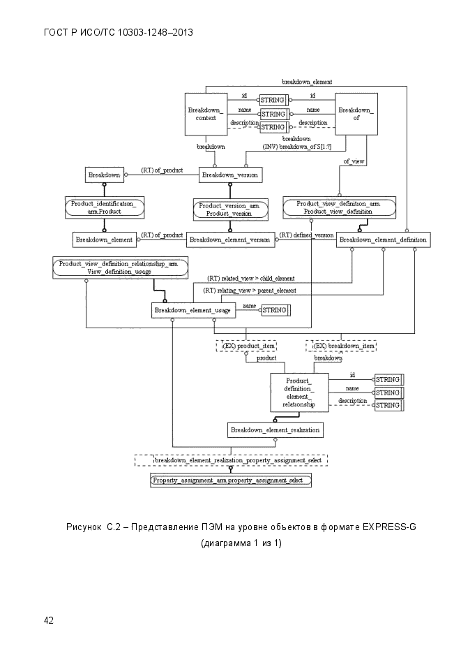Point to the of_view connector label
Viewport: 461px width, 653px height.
click(354, 161)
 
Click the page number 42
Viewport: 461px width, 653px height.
click(49, 620)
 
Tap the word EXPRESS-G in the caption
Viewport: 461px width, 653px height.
click(389, 527)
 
